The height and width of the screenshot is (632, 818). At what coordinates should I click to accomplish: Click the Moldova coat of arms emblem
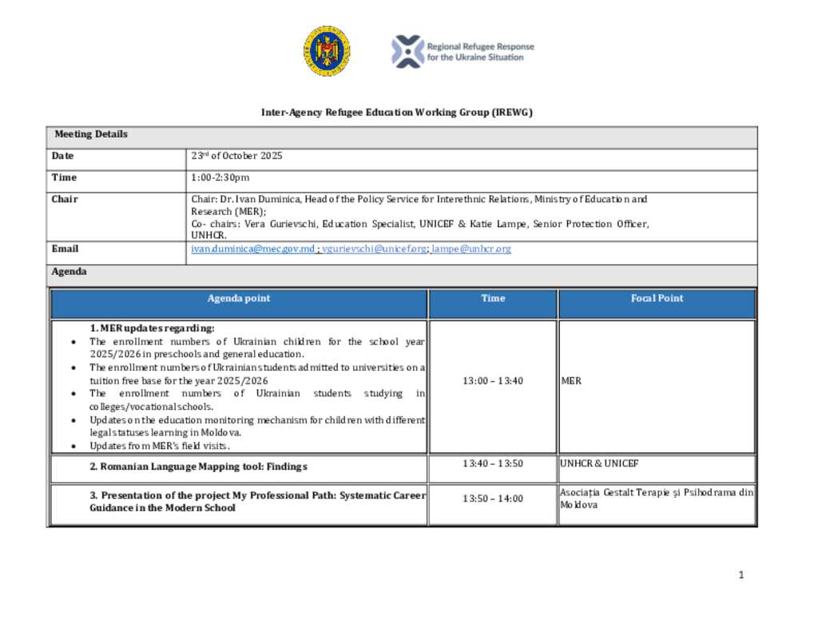(326, 51)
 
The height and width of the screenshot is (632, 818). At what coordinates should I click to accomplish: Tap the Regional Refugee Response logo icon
(407, 51)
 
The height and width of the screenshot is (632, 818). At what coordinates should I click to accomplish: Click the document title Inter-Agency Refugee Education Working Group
(397, 113)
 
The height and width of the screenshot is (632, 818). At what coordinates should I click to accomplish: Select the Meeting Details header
(91, 134)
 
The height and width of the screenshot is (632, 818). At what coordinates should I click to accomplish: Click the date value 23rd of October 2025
(236, 156)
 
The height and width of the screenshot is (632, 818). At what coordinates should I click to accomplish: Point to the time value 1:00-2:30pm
(220, 177)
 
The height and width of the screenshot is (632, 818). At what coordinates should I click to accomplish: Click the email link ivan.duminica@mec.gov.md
(252, 249)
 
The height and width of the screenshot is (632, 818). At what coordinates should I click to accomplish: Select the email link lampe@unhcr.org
(471, 249)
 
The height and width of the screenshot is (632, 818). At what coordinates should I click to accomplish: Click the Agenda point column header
(239, 299)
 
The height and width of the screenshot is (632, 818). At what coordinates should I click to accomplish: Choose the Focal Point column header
(657, 299)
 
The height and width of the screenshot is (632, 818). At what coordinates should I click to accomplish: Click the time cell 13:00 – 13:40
(493, 381)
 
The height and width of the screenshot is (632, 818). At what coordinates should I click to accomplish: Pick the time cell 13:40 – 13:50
(493, 464)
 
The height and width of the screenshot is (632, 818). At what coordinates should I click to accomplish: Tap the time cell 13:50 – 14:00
(493, 499)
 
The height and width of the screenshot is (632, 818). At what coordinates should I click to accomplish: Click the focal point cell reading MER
(571, 381)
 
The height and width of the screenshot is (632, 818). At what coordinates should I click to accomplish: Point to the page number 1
(741, 574)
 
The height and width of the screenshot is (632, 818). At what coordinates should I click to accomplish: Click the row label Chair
(66, 199)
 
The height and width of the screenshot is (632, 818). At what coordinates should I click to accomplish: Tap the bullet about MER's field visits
(160, 446)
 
